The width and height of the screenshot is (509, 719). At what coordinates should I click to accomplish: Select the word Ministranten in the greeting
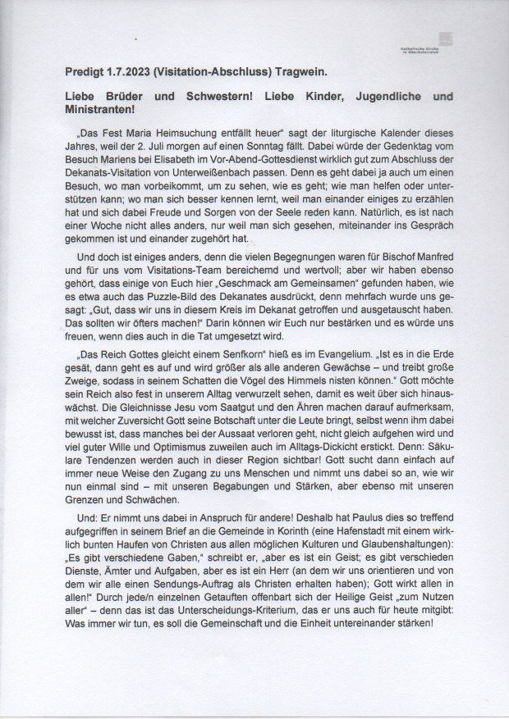[99, 109]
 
